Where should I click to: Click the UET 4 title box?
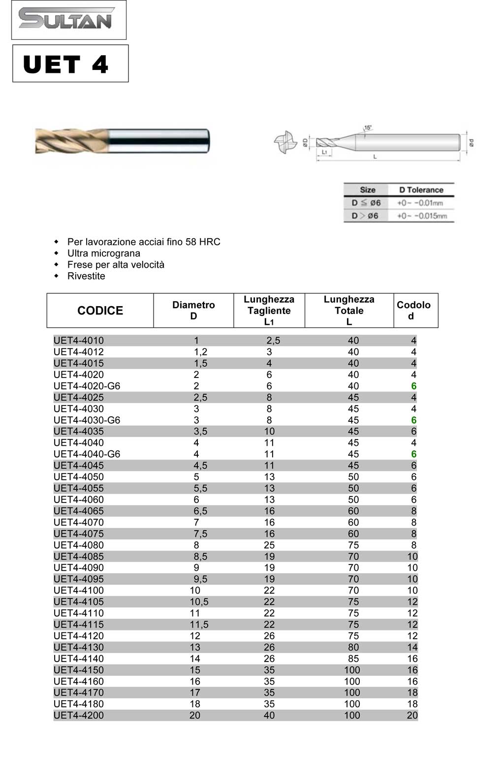pyautogui.click(x=70, y=64)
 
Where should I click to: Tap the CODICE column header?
pyautogui.click(x=100, y=311)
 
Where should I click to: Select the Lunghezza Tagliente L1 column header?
pyautogui.click(x=269, y=311)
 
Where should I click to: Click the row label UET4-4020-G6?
pyautogui.click(x=87, y=386)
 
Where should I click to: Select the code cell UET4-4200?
pyautogui.click(x=79, y=715)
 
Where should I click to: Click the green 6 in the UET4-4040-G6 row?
pyautogui.click(x=413, y=454)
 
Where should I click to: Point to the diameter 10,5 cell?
pyautogui.click(x=199, y=601)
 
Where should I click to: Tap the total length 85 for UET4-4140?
pyautogui.click(x=353, y=658)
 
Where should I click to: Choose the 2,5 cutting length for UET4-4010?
pyautogui.click(x=273, y=340)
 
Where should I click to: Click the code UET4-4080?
pyautogui.click(x=79, y=545)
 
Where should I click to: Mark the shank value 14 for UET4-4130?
pyautogui.click(x=412, y=647)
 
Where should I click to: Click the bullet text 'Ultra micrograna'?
pyautogui.click(x=103, y=253)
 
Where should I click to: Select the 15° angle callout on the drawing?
pyautogui.click(x=367, y=128)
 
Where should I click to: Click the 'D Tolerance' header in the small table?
pyautogui.click(x=421, y=190)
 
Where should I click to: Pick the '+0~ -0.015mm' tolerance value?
pyautogui.click(x=422, y=216)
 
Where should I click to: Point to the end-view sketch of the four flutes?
pyautogui.click(x=285, y=142)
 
